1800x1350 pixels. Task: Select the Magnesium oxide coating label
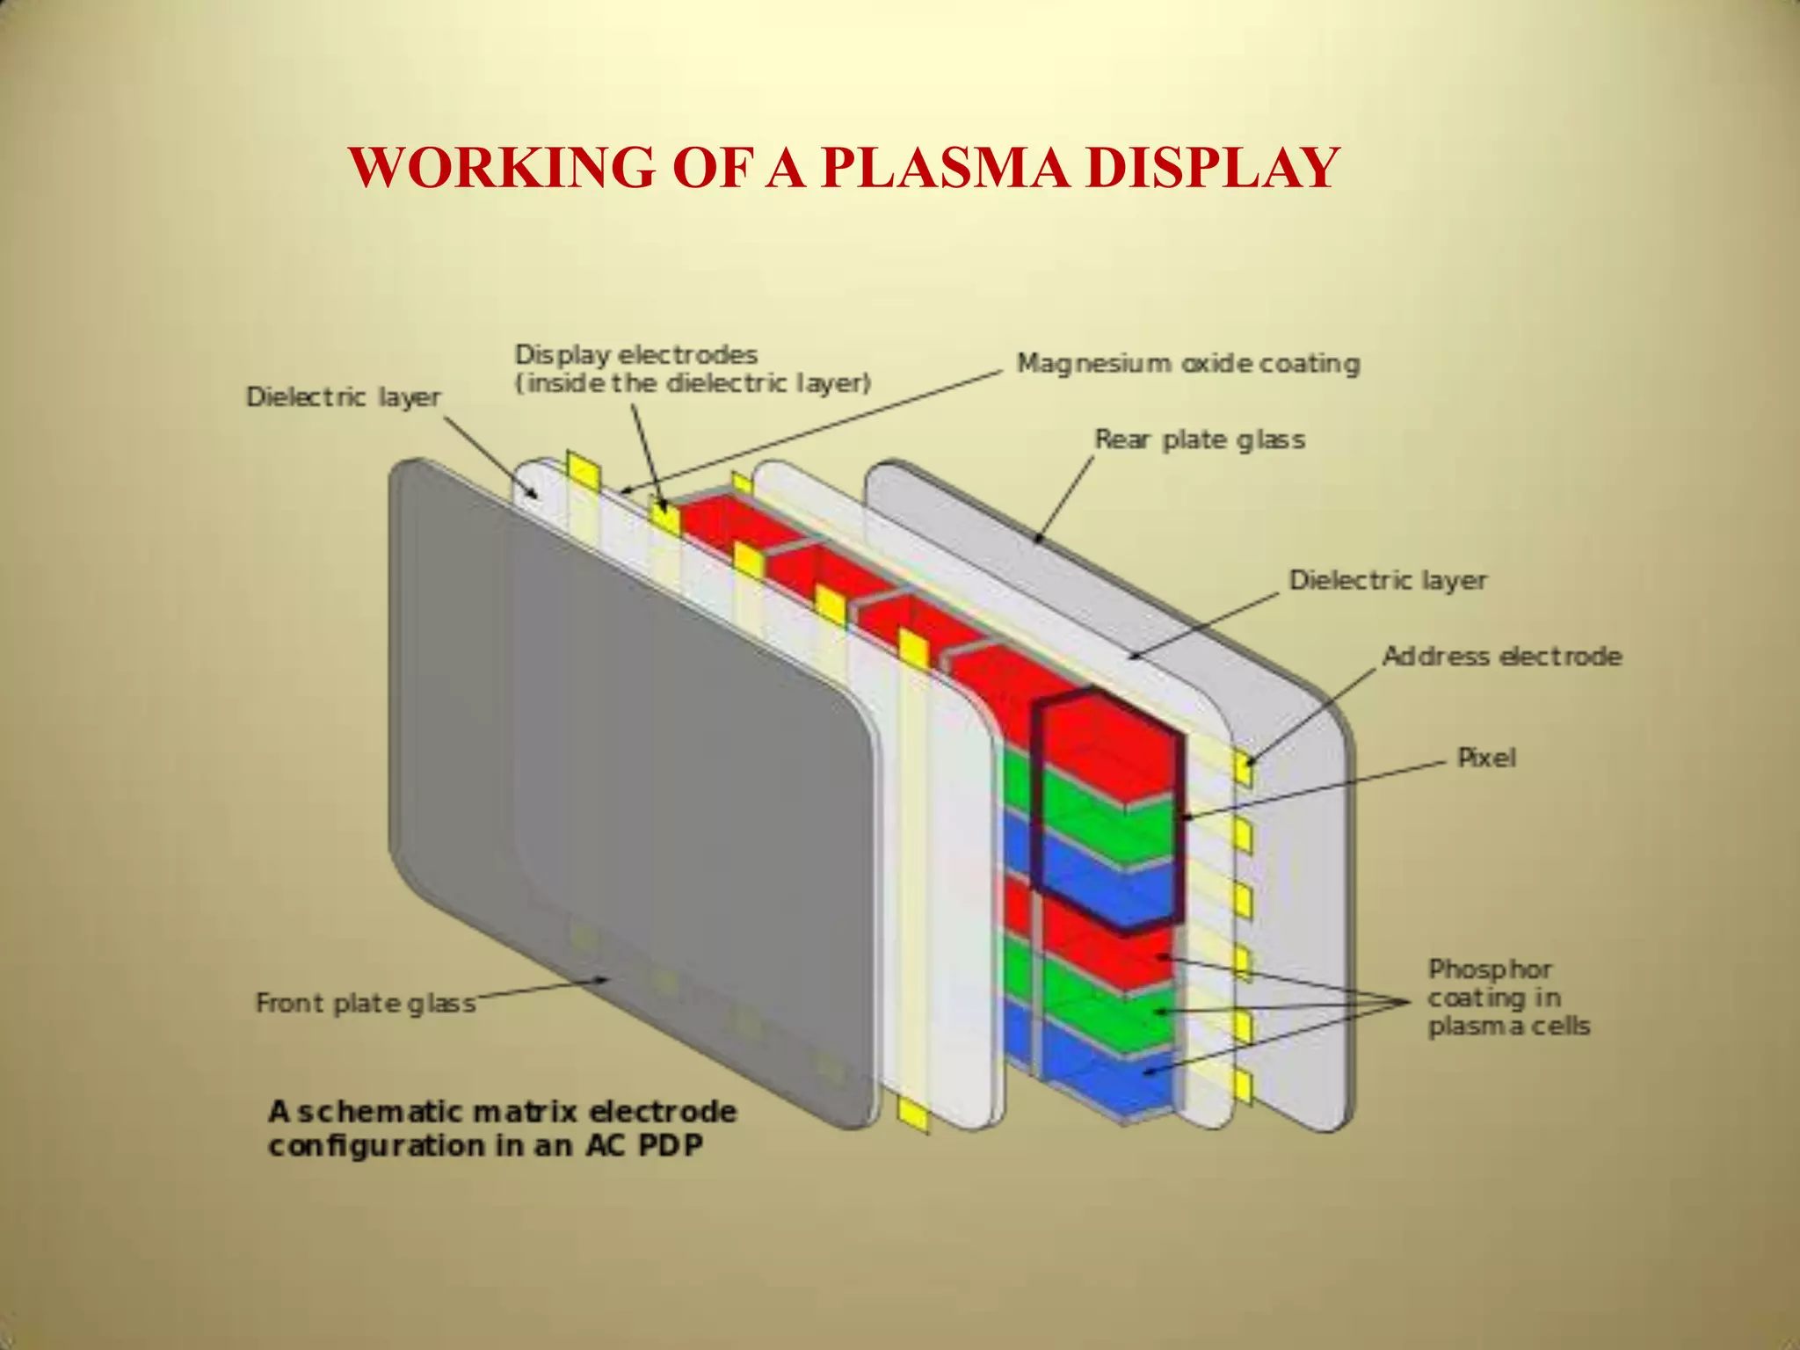pyautogui.click(x=1188, y=363)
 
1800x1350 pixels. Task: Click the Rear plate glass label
pyautogui.click(x=1199, y=439)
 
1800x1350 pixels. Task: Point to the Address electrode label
pyautogui.click(x=1501, y=657)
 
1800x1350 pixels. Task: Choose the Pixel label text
pyautogui.click(x=1486, y=758)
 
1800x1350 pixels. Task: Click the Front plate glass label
pyautogui.click(x=365, y=1003)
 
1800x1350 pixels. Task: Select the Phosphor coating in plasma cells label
pyautogui.click(x=1507, y=998)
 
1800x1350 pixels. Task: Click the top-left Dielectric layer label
pyautogui.click(x=343, y=397)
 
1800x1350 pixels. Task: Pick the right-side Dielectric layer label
pyautogui.click(x=1387, y=580)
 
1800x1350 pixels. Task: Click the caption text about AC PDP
pyautogui.click(x=501, y=1129)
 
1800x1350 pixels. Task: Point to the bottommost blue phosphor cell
pyautogui.click(x=1109, y=1085)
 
